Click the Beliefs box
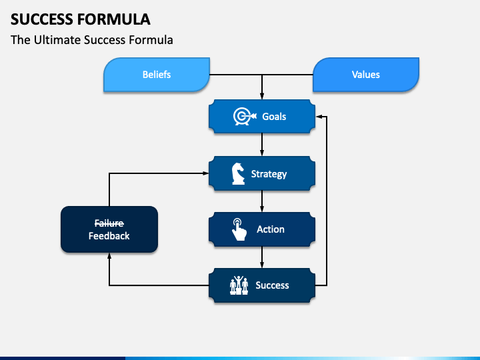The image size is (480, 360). pyautogui.click(x=157, y=75)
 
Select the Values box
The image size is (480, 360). pyautogui.click(x=366, y=75)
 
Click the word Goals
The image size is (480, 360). pyautogui.click(x=274, y=117)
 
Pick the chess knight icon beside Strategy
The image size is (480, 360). pyautogui.click(x=238, y=173)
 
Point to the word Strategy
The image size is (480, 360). pyautogui.click(x=269, y=174)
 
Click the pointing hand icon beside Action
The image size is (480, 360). pyautogui.click(x=239, y=229)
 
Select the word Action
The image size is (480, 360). pyautogui.click(x=271, y=229)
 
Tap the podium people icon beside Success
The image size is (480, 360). pyautogui.click(x=239, y=285)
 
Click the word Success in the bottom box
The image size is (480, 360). pyautogui.click(x=272, y=285)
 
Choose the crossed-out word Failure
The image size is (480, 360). pyautogui.click(x=109, y=223)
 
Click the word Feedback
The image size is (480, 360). pyautogui.click(x=109, y=236)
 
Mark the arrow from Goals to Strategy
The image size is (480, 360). pyautogui.click(x=262, y=145)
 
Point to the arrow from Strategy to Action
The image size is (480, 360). pyautogui.click(x=262, y=201)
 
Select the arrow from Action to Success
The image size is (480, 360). pyautogui.click(x=262, y=257)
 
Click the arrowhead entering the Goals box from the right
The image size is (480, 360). pyautogui.click(x=319, y=117)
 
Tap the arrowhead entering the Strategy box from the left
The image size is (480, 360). pyautogui.click(x=205, y=173)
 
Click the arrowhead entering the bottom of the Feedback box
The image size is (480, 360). pyautogui.click(x=109, y=256)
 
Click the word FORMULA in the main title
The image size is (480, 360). pyautogui.click(x=113, y=19)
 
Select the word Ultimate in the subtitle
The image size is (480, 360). pyautogui.click(x=57, y=40)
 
